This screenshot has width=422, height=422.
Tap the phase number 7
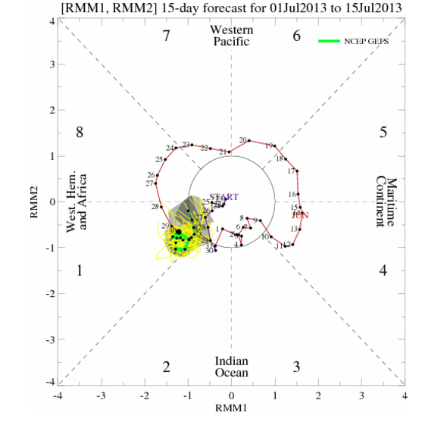click(166, 36)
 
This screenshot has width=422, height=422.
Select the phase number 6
click(297, 36)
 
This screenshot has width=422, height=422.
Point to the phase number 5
click(383, 133)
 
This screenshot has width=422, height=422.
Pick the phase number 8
click(79, 133)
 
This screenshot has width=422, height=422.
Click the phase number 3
click(297, 367)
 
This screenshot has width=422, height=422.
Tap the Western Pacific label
click(231, 36)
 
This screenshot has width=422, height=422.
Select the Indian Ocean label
click(231, 367)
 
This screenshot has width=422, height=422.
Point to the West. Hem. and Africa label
click(77, 202)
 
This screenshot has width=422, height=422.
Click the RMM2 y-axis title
click(34, 203)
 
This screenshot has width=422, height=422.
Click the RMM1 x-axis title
click(232, 410)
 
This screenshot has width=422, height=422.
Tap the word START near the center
click(224, 197)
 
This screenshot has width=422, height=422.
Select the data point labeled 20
click(250, 142)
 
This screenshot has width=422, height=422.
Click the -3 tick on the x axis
click(101, 395)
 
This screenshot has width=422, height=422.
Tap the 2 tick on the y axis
click(51, 110)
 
